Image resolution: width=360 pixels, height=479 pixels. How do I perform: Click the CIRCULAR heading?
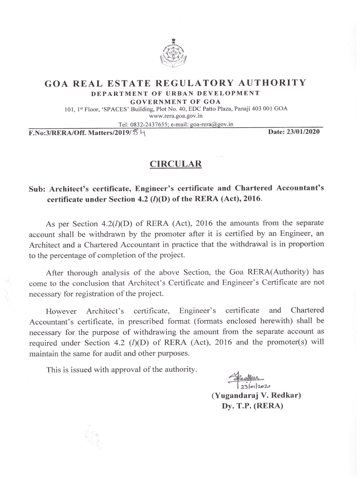[175, 164]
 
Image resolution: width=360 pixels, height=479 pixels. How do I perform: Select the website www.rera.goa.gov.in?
[175, 116]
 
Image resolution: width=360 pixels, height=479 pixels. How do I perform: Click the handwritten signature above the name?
[245, 377]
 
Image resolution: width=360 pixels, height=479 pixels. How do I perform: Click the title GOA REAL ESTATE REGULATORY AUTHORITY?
[175, 83]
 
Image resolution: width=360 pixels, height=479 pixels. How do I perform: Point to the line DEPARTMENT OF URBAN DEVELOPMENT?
[175, 94]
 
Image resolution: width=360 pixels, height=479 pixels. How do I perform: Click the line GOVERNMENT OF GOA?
[175, 102]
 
